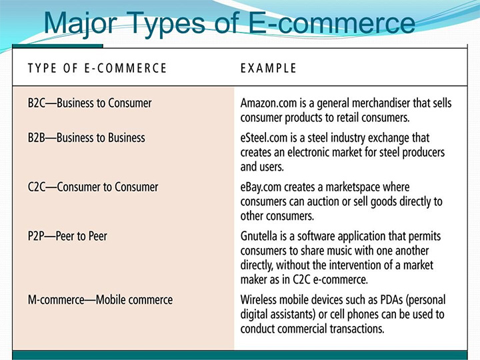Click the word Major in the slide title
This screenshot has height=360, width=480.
[81, 23]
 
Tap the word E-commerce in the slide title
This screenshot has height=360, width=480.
[331, 23]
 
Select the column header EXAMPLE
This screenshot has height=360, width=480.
[268, 68]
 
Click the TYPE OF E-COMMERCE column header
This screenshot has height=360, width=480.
[97, 68]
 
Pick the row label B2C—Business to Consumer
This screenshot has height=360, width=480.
[90, 103]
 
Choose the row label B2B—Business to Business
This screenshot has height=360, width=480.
[86, 138]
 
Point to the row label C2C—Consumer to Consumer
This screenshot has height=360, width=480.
[93, 187]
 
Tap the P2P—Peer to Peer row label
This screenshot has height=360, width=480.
[67, 236]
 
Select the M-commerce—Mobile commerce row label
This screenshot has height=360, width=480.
[100, 300]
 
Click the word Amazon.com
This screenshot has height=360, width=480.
[269, 103]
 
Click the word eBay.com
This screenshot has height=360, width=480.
[261, 187]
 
